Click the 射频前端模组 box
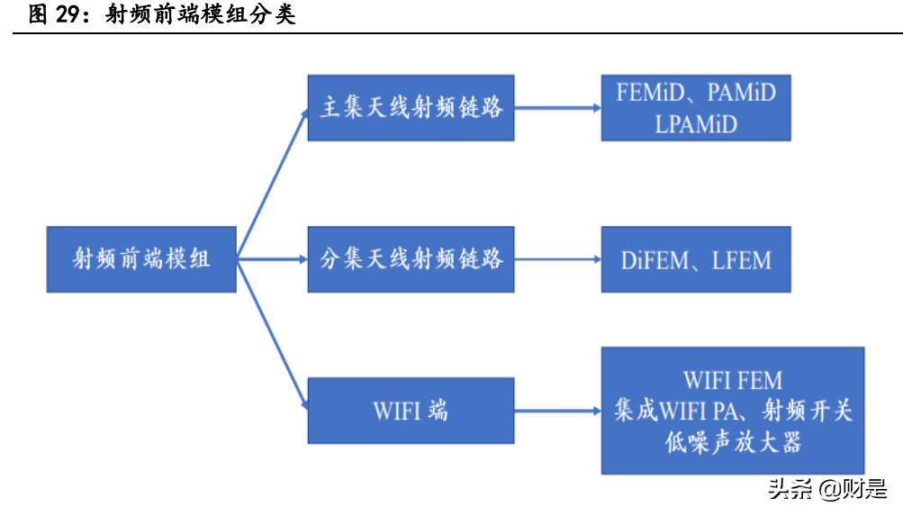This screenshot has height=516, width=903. point(141,259)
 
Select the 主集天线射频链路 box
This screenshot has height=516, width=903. point(411,108)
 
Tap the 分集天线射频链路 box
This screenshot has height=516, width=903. point(411,259)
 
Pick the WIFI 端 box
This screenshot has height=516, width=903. point(411,411)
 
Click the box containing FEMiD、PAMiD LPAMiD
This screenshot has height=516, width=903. point(696,108)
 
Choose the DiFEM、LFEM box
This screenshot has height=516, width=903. point(696,260)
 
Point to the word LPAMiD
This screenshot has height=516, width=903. point(696,124)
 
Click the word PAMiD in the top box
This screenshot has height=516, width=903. point(741,92)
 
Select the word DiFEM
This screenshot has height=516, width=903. point(652,261)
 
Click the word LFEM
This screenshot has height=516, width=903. point(742,261)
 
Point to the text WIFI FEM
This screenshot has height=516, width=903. point(733,379)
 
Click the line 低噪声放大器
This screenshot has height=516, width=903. point(733,442)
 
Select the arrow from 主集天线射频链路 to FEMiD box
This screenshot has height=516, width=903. point(558,108)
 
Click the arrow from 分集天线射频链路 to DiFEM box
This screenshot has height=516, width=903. point(558,259)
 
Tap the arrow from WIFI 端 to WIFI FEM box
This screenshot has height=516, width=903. point(558,411)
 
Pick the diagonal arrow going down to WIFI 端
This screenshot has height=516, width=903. point(272,334)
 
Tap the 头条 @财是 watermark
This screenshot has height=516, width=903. point(826,489)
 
